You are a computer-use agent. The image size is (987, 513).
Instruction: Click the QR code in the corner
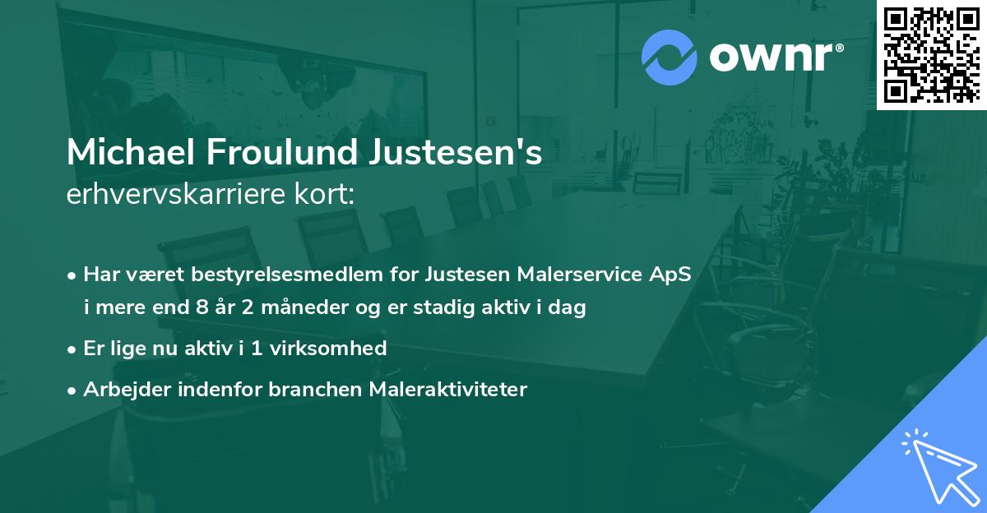pos(932,54)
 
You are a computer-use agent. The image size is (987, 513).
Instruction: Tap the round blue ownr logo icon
pos(669,58)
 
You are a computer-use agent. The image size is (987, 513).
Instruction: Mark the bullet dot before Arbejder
pos(72,390)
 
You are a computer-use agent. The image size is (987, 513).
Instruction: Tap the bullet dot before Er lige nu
pos(72,349)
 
